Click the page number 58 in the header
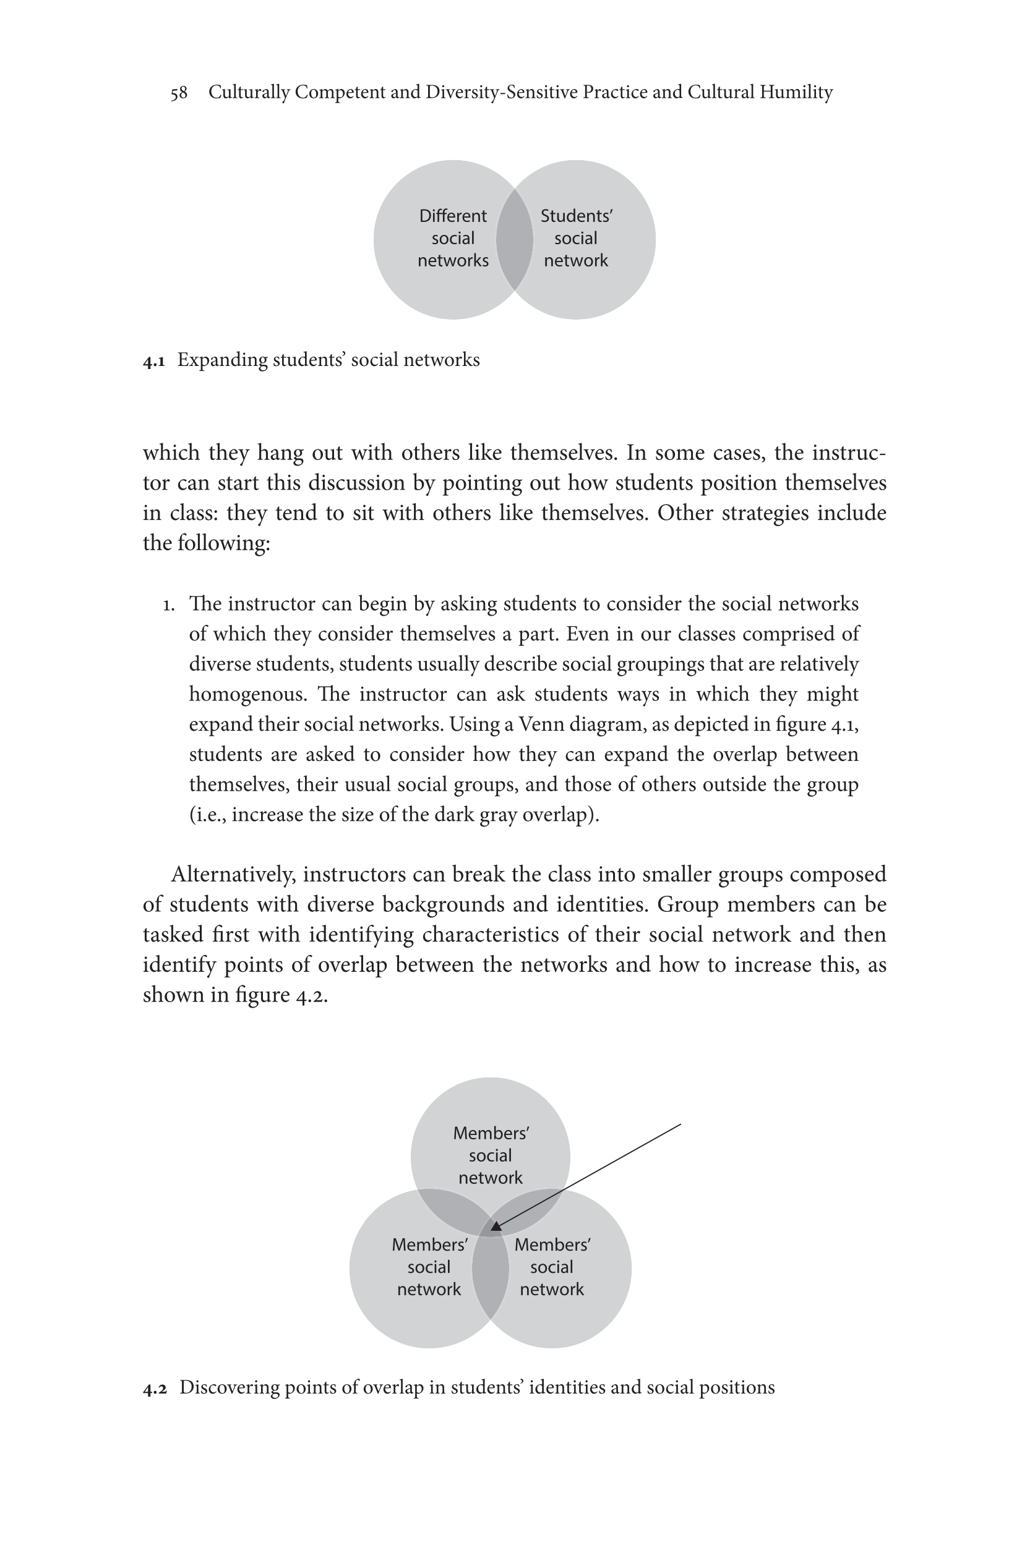(x=179, y=93)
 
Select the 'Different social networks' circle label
(x=453, y=239)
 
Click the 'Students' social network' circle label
(x=576, y=239)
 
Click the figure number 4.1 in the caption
(x=154, y=361)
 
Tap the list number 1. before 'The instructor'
(x=168, y=605)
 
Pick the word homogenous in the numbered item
(x=247, y=694)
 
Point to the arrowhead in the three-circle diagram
(x=496, y=1227)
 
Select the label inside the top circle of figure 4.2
(x=490, y=1155)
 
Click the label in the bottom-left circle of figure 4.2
(x=429, y=1267)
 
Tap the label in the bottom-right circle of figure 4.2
(x=552, y=1267)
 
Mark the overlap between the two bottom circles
(x=490, y=1277)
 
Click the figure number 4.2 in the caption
(x=155, y=1388)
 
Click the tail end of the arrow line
(x=680, y=1124)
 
